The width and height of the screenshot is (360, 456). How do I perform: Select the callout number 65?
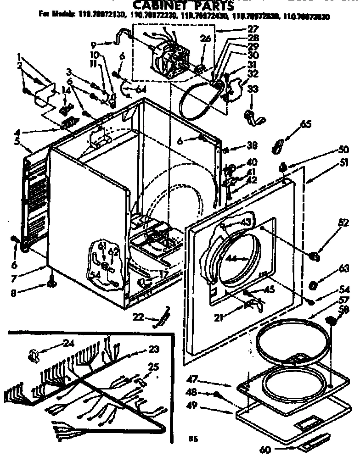(x=306, y=124)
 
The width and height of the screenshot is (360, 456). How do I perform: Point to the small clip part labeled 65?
(x=276, y=146)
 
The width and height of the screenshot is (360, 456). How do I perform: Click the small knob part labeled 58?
(x=331, y=320)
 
